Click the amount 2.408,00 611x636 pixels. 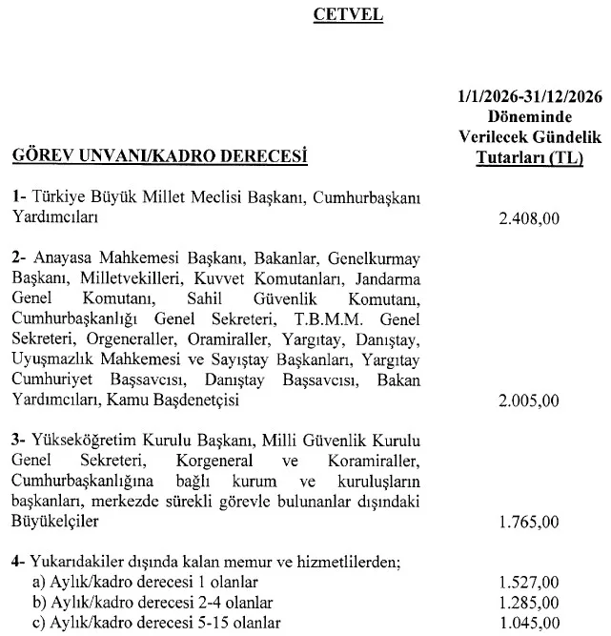click(x=528, y=218)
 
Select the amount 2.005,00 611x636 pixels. click(x=528, y=402)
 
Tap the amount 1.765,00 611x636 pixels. click(x=528, y=523)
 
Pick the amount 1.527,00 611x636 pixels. click(x=528, y=582)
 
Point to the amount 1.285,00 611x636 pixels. click(x=528, y=603)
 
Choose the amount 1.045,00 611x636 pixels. click(x=528, y=624)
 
